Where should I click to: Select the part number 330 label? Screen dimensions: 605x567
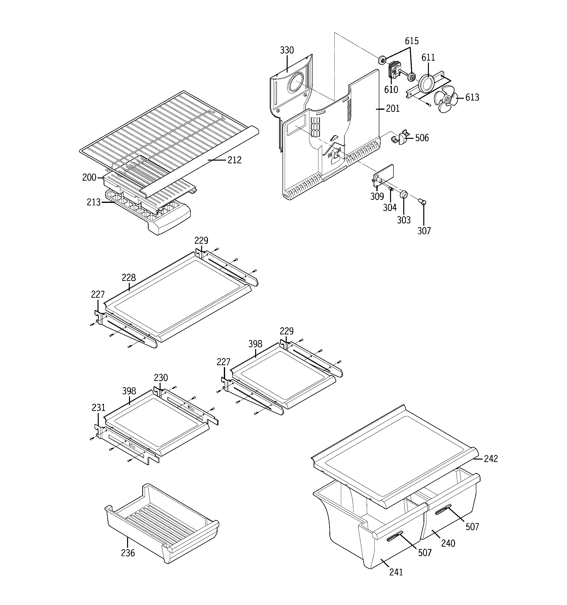click(287, 50)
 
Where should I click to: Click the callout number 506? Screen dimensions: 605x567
click(422, 138)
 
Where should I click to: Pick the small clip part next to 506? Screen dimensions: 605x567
click(400, 138)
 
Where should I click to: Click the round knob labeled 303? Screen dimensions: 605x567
click(403, 194)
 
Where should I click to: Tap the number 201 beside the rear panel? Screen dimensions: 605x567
click(393, 109)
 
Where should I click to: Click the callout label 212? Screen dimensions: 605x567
click(234, 160)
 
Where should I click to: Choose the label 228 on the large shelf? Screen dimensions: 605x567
click(129, 277)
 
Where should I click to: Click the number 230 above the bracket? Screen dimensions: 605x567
click(161, 378)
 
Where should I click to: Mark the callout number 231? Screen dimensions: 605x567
click(98, 407)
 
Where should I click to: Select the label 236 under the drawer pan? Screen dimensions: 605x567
click(128, 553)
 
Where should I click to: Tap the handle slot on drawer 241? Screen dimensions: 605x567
click(394, 539)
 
